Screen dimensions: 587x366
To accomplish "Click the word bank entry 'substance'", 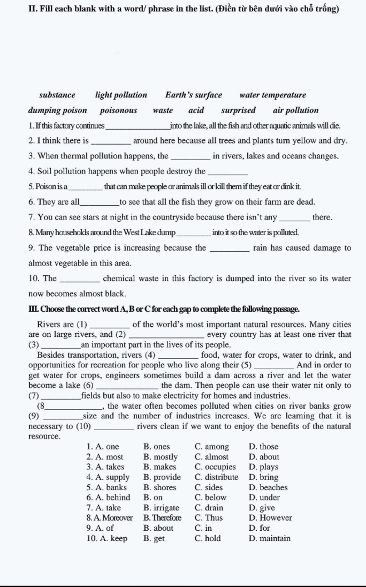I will pos(57,95).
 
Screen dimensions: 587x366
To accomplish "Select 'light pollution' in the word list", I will pos(121,95).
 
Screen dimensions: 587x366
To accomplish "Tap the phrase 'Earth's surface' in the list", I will pos(193,95).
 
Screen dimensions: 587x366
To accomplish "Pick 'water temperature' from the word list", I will pos(273,95).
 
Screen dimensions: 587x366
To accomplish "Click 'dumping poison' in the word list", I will pos(58,110).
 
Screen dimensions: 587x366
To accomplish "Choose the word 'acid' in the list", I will pos(196,110).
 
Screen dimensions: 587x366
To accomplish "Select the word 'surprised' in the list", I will pos(238,110).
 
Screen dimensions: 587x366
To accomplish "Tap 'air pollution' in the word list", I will pos(296,110).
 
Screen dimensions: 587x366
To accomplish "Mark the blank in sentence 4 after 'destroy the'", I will pos(228,173).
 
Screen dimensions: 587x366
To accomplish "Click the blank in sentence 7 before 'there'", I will pos(296,219).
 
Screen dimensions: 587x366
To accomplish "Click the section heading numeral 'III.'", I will pos(34,309).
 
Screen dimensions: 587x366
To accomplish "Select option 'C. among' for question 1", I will pos(212,447).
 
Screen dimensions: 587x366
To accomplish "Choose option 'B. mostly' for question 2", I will pos(160,457).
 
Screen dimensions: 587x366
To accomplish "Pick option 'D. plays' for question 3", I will pos(263,467).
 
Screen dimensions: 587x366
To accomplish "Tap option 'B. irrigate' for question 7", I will pos(161,508).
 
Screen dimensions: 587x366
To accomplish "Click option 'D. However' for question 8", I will pos(270,518).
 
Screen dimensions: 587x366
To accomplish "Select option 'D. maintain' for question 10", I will pos(269,538).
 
